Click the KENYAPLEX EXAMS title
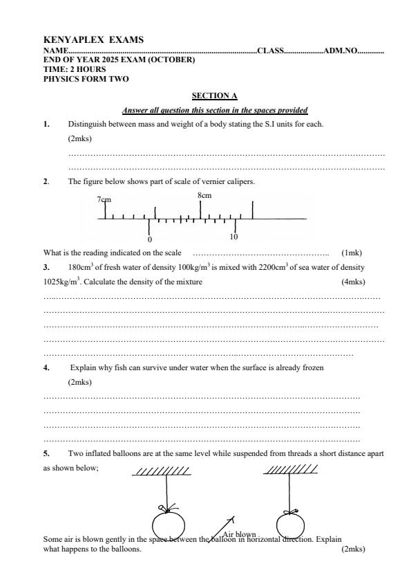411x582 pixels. (x=93, y=40)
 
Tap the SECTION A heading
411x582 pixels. (x=214, y=96)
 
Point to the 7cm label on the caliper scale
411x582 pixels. (x=104, y=199)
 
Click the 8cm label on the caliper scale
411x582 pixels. (x=204, y=195)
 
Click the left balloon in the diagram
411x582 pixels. (x=168, y=523)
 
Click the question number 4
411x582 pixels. (x=46, y=368)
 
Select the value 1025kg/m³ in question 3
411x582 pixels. (x=61, y=282)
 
